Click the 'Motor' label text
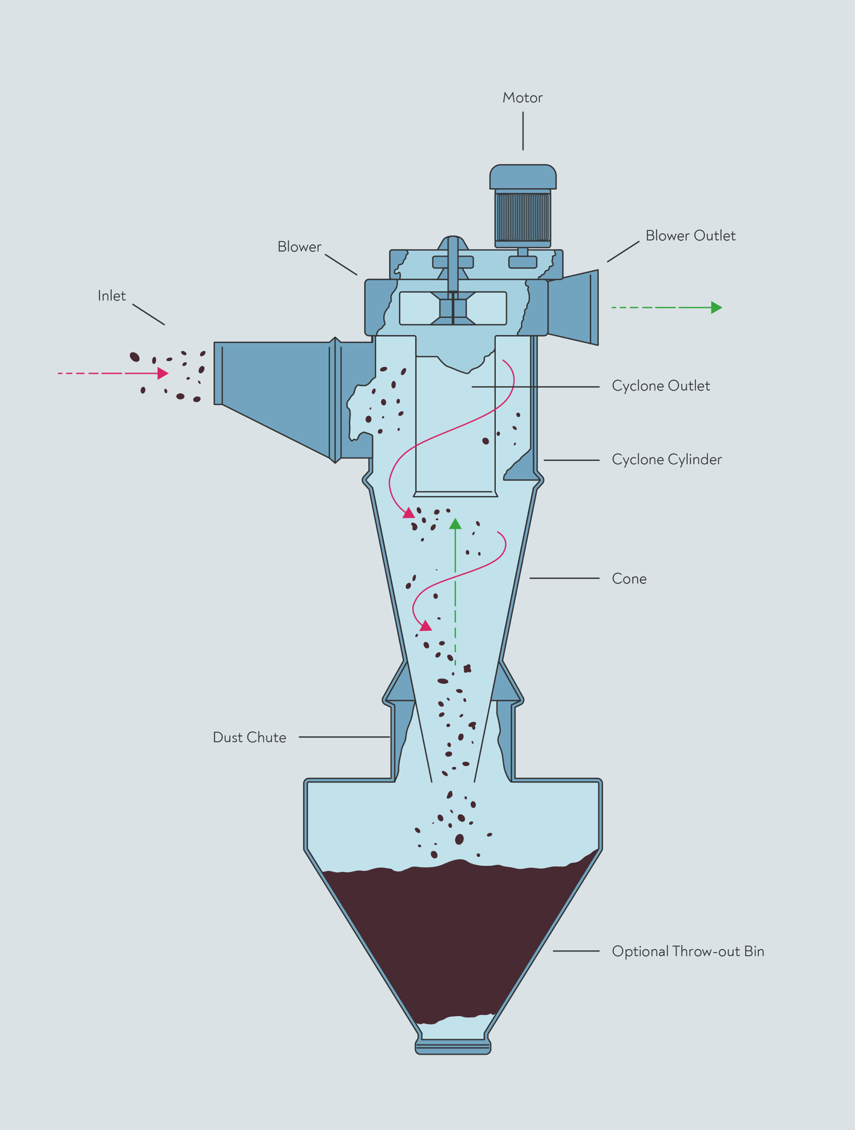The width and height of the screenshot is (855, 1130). tap(522, 98)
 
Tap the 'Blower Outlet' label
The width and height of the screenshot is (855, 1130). tap(690, 236)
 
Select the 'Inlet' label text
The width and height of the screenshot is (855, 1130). tap(111, 296)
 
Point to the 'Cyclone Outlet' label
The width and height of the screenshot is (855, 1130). tap(661, 386)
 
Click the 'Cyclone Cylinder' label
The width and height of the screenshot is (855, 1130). tap(667, 459)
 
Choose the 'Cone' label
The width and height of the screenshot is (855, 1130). tap(629, 579)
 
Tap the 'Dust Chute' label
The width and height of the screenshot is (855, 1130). tap(250, 737)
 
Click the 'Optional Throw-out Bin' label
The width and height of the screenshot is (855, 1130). tap(688, 951)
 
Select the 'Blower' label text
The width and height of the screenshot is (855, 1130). tap(299, 247)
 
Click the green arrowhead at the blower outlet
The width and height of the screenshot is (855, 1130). tap(716, 308)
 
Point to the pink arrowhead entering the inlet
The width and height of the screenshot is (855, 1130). tap(163, 373)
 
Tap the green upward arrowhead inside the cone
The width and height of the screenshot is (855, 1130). tap(455, 524)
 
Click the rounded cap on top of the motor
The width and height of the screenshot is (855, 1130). tap(523, 177)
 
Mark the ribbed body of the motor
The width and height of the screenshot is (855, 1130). tap(523, 217)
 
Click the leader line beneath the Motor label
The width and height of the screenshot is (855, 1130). tap(523, 131)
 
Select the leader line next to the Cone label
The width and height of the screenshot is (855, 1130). tap(564, 578)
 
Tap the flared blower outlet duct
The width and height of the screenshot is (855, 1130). tap(573, 308)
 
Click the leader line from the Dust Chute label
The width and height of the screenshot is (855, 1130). tap(344, 737)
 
